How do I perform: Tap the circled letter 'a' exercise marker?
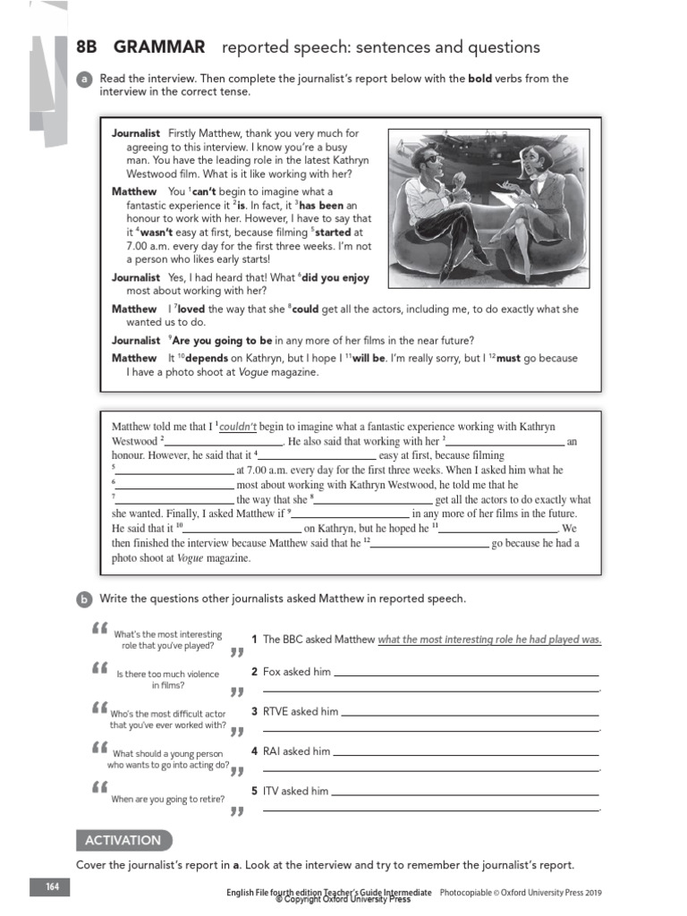tap(84, 80)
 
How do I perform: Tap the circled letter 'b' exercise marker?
tap(84, 599)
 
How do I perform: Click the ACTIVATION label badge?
tap(123, 840)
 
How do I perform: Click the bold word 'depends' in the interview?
tap(207, 358)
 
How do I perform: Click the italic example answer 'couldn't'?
tap(238, 427)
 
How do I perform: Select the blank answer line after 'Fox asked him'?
tap(465, 674)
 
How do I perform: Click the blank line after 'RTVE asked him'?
tap(470, 713)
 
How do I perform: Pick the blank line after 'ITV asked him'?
tap(465, 793)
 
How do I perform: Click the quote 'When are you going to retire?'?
tap(168, 799)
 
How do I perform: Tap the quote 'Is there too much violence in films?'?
tap(168, 679)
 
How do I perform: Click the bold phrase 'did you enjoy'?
tap(335, 278)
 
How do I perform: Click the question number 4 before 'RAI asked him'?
tap(255, 751)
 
